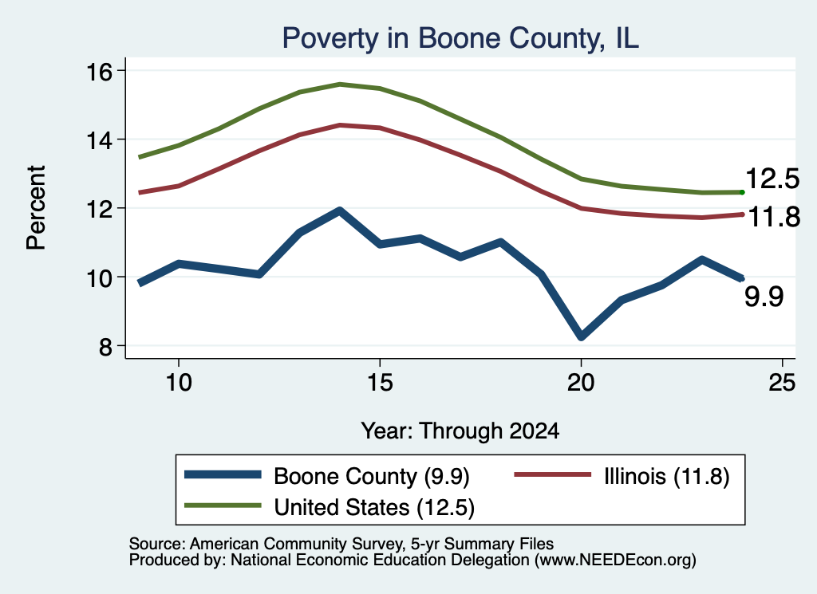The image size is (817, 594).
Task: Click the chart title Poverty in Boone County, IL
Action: tap(460, 39)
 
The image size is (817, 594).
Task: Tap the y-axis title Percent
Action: tap(36, 208)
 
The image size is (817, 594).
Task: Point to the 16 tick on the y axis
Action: tap(99, 71)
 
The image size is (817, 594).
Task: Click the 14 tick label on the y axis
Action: tap(99, 140)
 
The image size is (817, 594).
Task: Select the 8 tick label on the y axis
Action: tap(105, 346)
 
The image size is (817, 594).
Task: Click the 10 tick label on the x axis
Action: tap(179, 383)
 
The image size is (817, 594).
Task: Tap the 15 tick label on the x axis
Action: tap(380, 383)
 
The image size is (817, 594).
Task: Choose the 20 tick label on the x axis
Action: tap(581, 383)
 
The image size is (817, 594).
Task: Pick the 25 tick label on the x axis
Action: tap(782, 383)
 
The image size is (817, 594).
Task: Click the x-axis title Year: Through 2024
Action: tap(460, 431)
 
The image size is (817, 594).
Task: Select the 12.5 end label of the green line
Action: tap(772, 179)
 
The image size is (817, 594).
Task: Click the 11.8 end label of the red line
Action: tap(774, 217)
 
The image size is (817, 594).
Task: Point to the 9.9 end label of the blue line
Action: tap(764, 297)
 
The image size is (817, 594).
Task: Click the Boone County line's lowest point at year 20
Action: tap(581, 336)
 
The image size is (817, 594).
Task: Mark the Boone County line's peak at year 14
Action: tap(340, 210)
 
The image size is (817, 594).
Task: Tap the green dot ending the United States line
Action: tap(742, 193)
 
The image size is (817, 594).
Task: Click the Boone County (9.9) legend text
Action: tap(372, 476)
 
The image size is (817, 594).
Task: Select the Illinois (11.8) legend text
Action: tap(666, 476)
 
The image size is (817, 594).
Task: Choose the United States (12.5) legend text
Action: tap(374, 508)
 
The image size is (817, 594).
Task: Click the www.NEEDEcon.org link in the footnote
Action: tap(615, 561)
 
